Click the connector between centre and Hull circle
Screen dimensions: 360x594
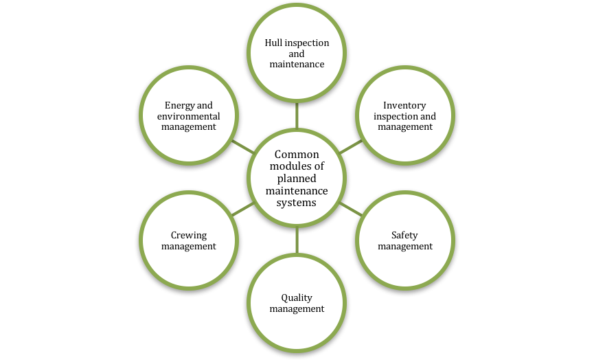click(x=297, y=115)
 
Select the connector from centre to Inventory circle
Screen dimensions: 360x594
click(x=350, y=146)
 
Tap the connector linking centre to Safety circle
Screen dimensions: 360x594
click(x=350, y=208)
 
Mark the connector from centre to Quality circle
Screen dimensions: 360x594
click(x=297, y=240)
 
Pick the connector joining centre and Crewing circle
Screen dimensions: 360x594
click(x=243, y=208)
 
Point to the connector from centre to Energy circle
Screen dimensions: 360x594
click(x=243, y=146)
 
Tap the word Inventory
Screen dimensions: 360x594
click(x=404, y=106)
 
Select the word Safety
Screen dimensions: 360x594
click(x=404, y=236)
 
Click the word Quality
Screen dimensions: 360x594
click(x=297, y=298)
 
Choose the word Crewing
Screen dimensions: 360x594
click(x=189, y=236)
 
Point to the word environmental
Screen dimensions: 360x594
click(x=189, y=116)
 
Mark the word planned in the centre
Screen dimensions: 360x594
click(x=297, y=179)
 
